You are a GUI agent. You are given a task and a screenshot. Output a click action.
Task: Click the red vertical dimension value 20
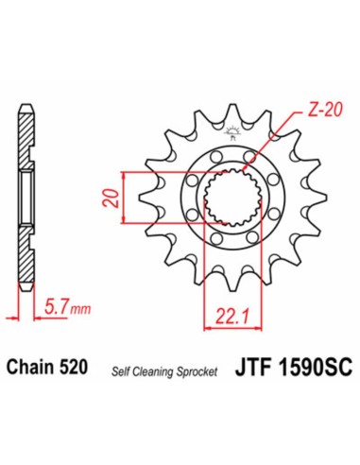coord(113,199)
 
